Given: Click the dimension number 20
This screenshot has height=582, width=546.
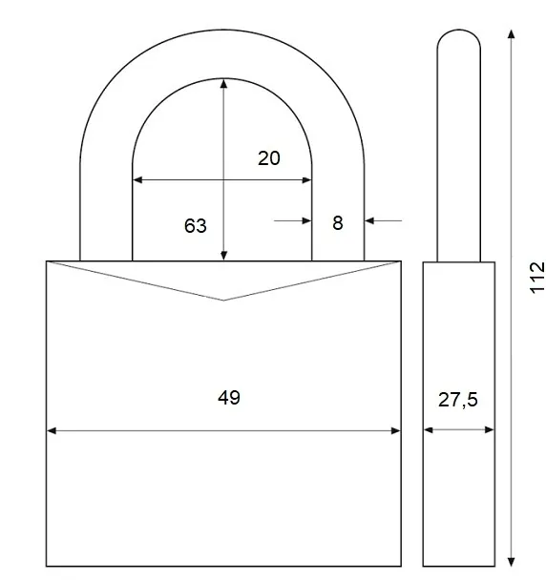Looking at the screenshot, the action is tap(269, 158).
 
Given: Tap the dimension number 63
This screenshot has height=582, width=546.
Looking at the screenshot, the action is tap(196, 226).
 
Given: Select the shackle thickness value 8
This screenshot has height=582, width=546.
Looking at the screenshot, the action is tap(338, 223).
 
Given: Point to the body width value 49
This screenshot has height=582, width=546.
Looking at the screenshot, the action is tap(229, 398).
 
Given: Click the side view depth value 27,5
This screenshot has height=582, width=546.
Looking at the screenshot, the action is tap(457, 400).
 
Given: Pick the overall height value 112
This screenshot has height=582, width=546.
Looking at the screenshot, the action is tap(536, 278).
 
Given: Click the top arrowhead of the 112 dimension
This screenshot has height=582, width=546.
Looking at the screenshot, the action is tap(512, 34).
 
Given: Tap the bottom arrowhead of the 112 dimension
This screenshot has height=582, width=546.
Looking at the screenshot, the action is tap(512, 562).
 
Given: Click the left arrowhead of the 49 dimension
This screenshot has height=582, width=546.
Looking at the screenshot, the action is tap(52, 430).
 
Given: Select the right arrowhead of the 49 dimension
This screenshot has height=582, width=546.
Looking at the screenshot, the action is tap(395, 430).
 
